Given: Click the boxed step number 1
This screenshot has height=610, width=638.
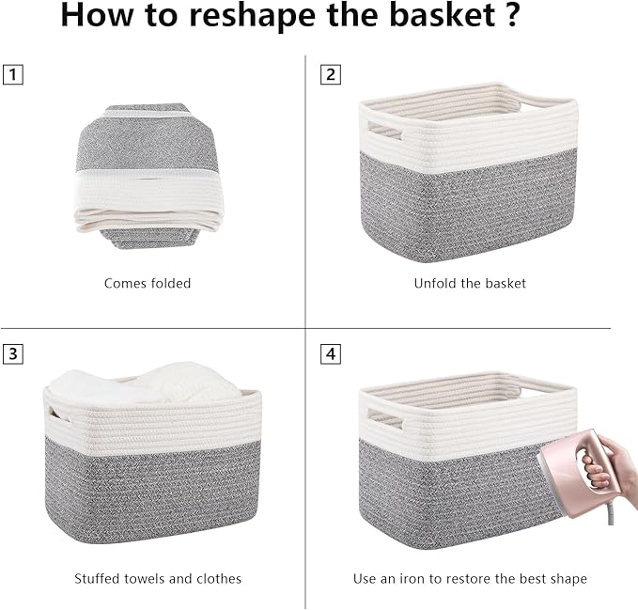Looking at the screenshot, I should click(11, 74).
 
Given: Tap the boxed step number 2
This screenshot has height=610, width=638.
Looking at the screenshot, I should click(330, 74).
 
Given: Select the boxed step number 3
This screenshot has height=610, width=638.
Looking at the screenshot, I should click(11, 353).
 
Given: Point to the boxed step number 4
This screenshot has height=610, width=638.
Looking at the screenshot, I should click(330, 353).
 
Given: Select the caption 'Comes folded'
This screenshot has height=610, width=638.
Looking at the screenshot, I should click(148, 283).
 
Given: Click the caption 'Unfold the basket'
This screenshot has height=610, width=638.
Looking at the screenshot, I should click(470, 283).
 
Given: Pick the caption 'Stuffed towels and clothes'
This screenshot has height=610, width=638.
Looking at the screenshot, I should click(158, 578).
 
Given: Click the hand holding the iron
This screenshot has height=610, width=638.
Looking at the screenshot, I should click(611, 465).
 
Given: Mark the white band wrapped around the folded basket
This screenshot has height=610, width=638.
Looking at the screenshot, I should click(150, 197).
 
